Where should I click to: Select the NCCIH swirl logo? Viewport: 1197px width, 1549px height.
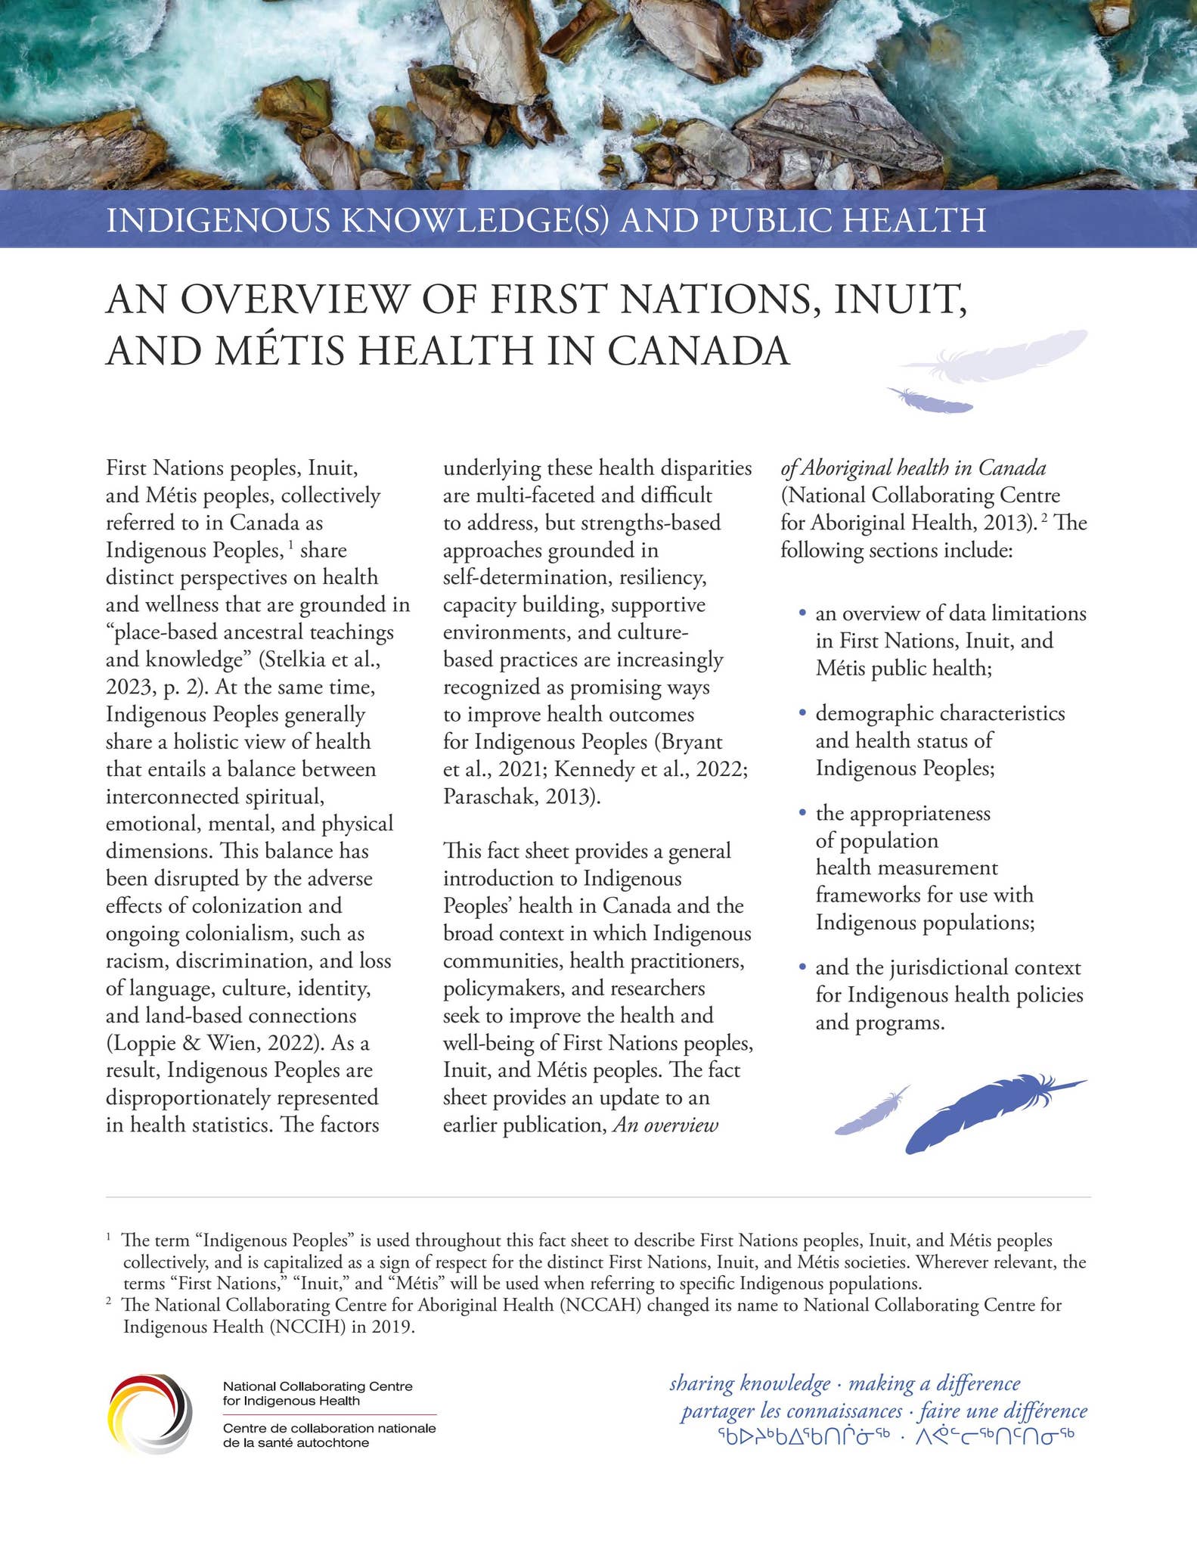[150, 1414]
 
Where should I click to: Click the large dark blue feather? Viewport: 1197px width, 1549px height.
[983, 1111]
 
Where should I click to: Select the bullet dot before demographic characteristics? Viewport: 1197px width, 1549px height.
[803, 713]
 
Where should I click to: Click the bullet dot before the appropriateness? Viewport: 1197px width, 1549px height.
[803, 813]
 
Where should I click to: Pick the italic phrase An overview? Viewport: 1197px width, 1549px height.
[665, 1125]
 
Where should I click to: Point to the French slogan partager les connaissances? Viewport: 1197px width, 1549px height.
[791, 1411]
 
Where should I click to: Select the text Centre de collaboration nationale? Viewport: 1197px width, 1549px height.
[329, 1429]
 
